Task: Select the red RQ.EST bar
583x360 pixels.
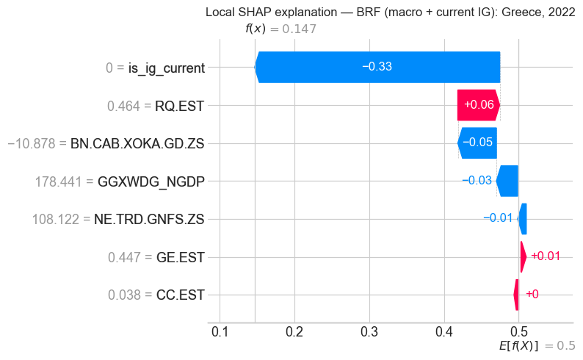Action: [477, 105]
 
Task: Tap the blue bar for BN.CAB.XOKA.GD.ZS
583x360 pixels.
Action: [477, 143]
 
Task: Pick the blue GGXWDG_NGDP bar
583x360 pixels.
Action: [507, 181]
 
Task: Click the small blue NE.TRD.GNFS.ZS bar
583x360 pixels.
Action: [523, 219]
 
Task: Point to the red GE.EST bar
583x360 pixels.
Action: [523, 257]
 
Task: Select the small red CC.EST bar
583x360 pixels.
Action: [516, 295]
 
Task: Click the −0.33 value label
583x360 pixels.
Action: [377, 67]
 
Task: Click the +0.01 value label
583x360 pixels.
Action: [545, 256]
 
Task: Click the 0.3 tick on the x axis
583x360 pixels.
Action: [369, 334]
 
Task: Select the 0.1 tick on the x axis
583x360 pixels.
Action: [220, 334]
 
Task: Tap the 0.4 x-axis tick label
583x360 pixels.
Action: [444, 334]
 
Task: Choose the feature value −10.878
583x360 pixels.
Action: [36, 143]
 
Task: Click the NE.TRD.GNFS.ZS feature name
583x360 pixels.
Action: [149, 219]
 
